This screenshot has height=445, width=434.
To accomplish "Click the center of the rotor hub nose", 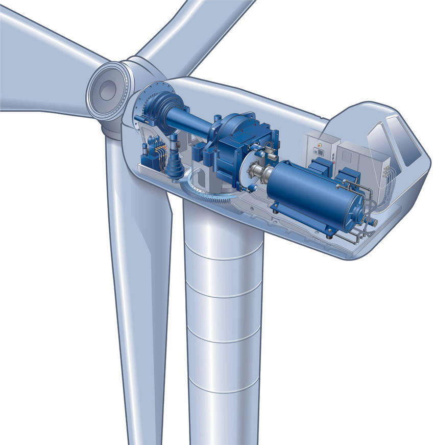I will [107, 91].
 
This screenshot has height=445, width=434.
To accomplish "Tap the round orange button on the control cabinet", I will [320, 145].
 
